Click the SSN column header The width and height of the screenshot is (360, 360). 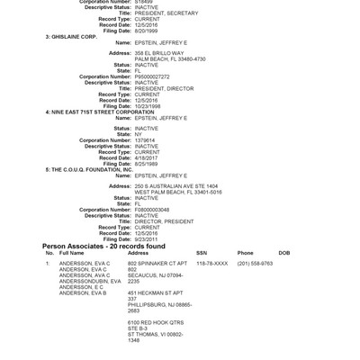(202, 253)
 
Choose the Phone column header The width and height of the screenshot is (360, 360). (245, 253)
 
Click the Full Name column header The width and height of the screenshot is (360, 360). (71, 253)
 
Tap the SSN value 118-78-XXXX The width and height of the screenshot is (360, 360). (212, 263)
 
